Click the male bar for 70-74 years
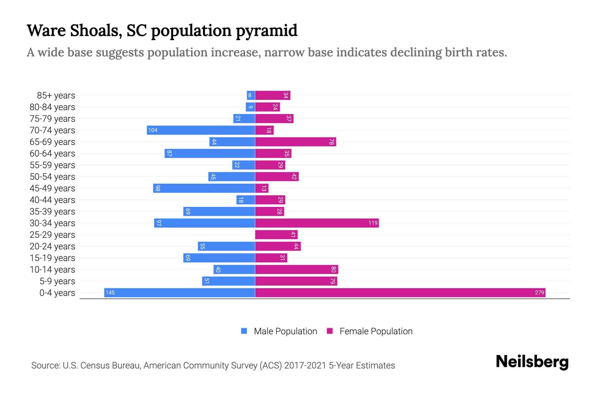(201, 130)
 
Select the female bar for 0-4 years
(400, 293)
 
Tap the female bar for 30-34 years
(317, 223)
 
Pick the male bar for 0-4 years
(179, 293)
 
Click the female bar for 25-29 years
(276, 234)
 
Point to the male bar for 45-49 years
(204, 188)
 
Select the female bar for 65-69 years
(295, 142)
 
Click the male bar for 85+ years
(251, 95)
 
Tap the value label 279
(539, 293)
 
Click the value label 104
(153, 130)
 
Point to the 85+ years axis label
(56, 96)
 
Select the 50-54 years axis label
(52, 177)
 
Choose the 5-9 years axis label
(57, 281)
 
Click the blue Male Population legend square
(244, 331)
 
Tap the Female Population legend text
(376, 331)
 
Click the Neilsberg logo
(532, 362)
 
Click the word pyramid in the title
(267, 31)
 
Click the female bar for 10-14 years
(296, 269)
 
